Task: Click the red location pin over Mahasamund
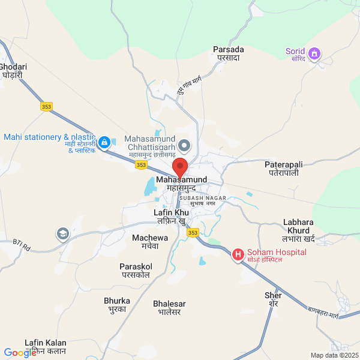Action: [x=180, y=167]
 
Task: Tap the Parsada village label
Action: [x=229, y=53]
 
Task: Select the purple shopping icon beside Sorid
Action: [x=313, y=55]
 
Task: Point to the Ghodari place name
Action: [x=12, y=71]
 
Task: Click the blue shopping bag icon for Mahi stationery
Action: [x=104, y=142]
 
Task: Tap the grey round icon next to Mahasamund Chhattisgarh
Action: [x=185, y=145]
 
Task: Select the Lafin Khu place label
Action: [x=171, y=217]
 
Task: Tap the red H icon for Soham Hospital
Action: [x=238, y=255]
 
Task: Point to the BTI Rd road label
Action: [x=22, y=244]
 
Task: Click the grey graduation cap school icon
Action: [x=62, y=233]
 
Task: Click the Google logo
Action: [x=20, y=353]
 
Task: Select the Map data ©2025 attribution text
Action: [x=334, y=355]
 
